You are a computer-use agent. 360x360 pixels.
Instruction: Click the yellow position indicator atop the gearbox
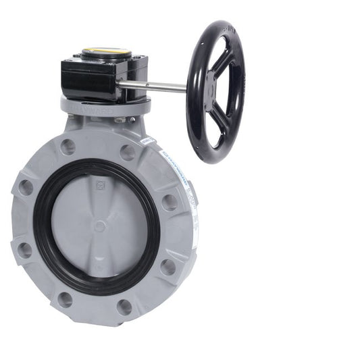[x=106, y=51]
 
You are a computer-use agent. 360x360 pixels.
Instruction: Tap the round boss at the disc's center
[x=99, y=227]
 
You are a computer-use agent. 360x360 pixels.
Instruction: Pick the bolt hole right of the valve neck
[x=127, y=152]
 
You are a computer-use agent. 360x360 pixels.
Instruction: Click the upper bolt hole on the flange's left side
[x=25, y=188]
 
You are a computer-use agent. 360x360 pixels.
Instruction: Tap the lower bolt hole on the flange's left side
[x=24, y=250]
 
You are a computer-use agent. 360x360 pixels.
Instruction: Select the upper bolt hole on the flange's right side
[x=170, y=202]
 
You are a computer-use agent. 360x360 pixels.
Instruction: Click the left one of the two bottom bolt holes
[x=66, y=299]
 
